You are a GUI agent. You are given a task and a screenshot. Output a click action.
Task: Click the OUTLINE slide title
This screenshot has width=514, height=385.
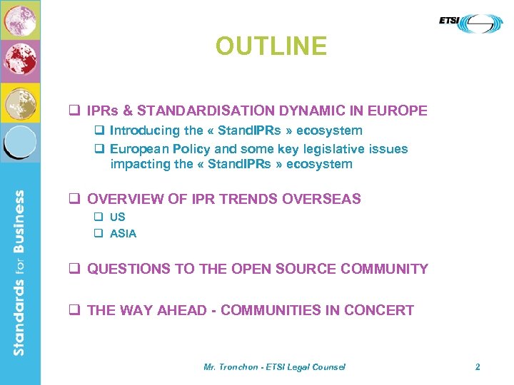pyautogui.click(x=271, y=46)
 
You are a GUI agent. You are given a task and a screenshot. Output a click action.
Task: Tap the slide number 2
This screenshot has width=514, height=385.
pyautogui.click(x=478, y=366)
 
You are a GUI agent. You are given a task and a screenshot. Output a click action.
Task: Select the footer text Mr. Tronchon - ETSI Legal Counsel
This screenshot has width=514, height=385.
pyautogui.click(x=274, y=366)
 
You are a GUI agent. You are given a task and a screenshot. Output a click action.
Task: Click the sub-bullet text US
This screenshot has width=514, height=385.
pyautogui.click(x=118, y=217)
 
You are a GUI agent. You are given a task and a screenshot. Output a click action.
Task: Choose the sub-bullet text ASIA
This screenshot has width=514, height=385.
pyautogui.click(x=123, y=233)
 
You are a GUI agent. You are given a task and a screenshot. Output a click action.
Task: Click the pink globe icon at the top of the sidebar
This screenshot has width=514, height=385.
pyautogui.click(x=20, y=20)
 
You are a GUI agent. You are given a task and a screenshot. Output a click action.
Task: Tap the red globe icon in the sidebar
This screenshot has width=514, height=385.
pyautogui.click(x=20, y=61)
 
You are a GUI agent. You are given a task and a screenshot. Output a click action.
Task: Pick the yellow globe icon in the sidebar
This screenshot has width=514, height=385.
pyautogui.click(x=20, y=102)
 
